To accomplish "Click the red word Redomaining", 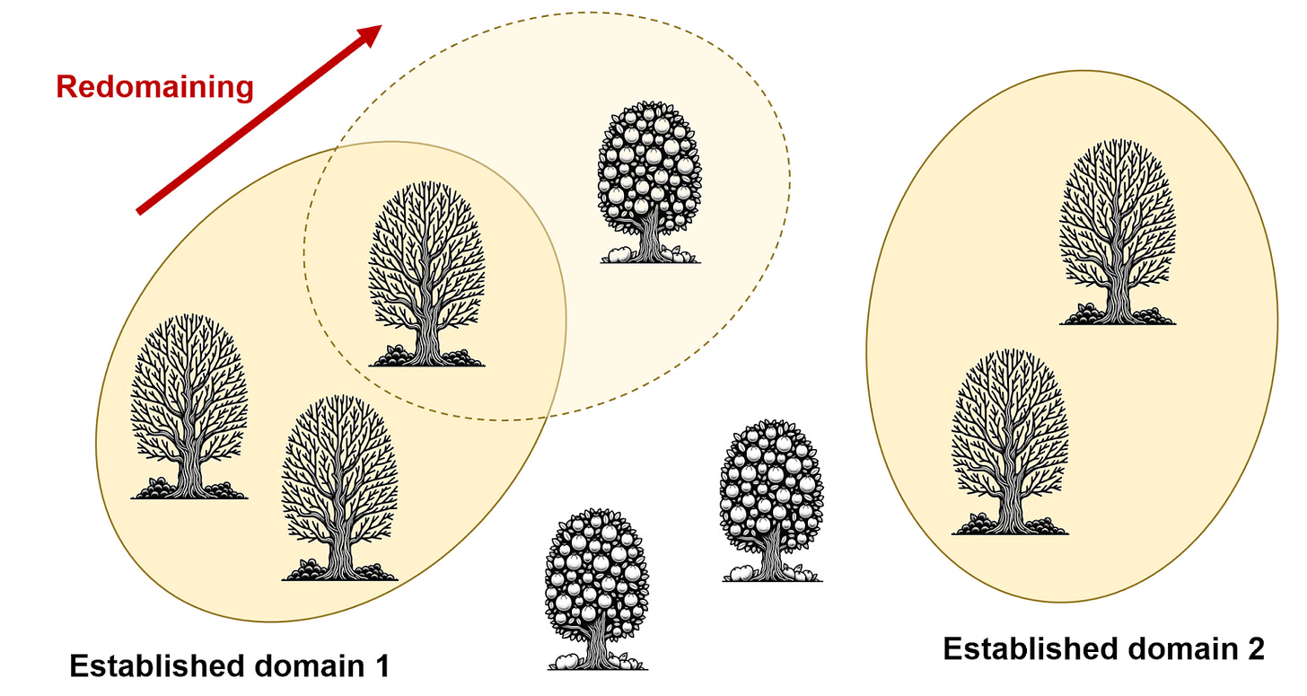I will (x=154, y=87).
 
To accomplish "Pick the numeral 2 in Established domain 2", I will (x=1254, y=648).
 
